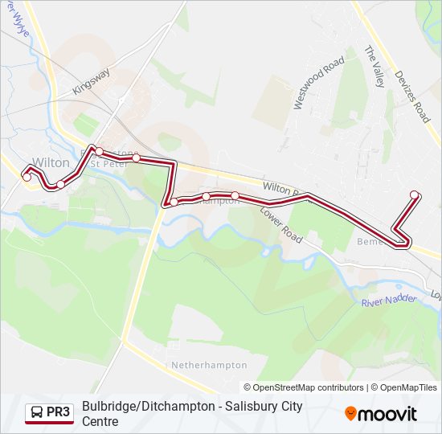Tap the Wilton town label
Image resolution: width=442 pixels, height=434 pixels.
coord(51,162)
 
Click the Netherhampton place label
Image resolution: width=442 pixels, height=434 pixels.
coord(209,365)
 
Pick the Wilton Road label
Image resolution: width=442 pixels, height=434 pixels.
coord(284,189)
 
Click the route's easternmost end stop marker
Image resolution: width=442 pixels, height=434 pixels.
coord(415,194)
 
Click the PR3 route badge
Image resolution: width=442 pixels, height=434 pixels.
coord(48,413)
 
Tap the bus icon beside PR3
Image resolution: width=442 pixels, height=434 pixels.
coord(37,413)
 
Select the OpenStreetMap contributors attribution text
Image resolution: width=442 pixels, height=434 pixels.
coord(305,387)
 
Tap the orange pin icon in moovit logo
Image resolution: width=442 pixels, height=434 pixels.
coord(350,414)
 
